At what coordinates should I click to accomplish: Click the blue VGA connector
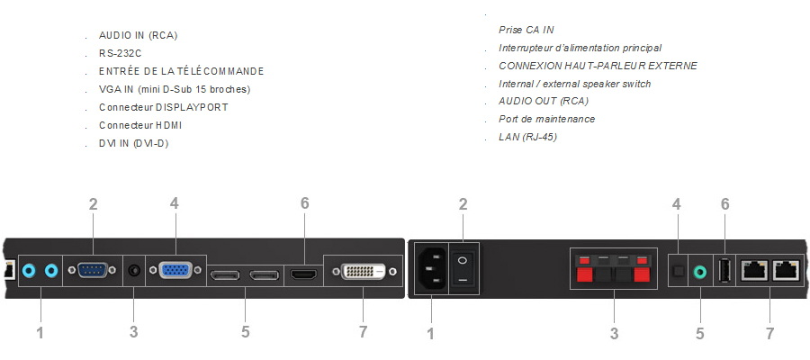174,271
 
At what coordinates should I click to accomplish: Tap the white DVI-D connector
363,271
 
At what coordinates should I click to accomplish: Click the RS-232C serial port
93,269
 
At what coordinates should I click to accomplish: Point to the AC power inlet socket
429,269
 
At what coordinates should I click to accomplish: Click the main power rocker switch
463,268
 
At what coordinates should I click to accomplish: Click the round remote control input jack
134,269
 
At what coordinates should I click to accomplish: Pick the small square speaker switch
679,268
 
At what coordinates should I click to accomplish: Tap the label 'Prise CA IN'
526,30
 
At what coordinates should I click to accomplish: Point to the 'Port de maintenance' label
546,119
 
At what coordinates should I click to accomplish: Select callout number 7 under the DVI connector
363,332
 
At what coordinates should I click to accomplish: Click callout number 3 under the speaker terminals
614,333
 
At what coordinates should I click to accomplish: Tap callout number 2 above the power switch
463,204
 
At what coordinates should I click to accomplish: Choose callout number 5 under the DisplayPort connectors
245,332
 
